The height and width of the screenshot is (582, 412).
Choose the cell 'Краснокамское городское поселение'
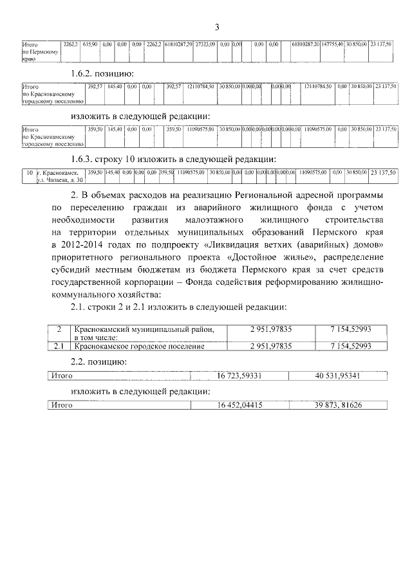click(x=139, y=346)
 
